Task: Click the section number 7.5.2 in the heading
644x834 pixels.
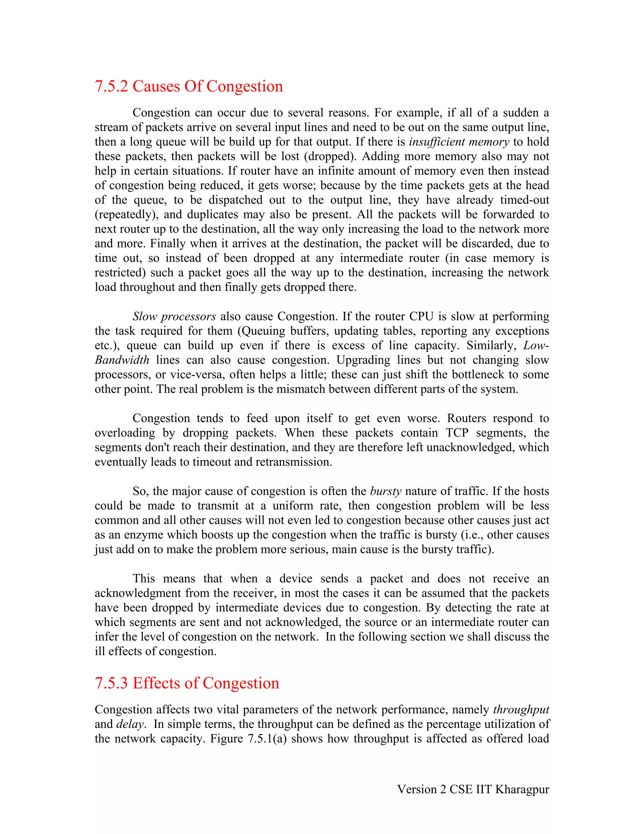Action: pos(111,86)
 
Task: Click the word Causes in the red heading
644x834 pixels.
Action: pos(156,86)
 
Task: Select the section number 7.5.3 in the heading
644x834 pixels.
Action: pos(111,683)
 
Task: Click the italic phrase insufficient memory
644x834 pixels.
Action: pos(459,142)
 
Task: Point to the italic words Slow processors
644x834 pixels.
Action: pos(174,317)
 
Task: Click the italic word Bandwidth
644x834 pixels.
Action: pos(122,360)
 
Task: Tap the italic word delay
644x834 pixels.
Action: pos(130,724)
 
